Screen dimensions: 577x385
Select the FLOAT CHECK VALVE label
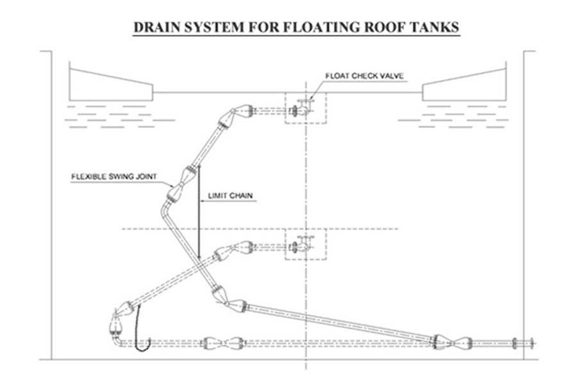pos(364,76)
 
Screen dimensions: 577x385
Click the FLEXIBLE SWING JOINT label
pos(114,176)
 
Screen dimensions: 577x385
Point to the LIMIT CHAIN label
pos(230,196)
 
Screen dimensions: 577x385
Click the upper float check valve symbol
pos(302,108)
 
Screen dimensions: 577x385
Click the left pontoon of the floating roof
pos(111,85)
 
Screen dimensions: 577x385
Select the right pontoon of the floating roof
pos(464,85)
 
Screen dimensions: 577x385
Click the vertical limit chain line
pos(199,212)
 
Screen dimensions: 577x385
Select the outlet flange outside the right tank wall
pos(531,343)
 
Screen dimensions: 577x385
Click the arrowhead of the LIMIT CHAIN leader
pos(202,201)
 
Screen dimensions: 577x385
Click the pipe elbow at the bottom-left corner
pos(117,340)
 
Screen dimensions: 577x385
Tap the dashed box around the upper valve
pos(305,108)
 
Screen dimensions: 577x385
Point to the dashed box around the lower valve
pos(305,244)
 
